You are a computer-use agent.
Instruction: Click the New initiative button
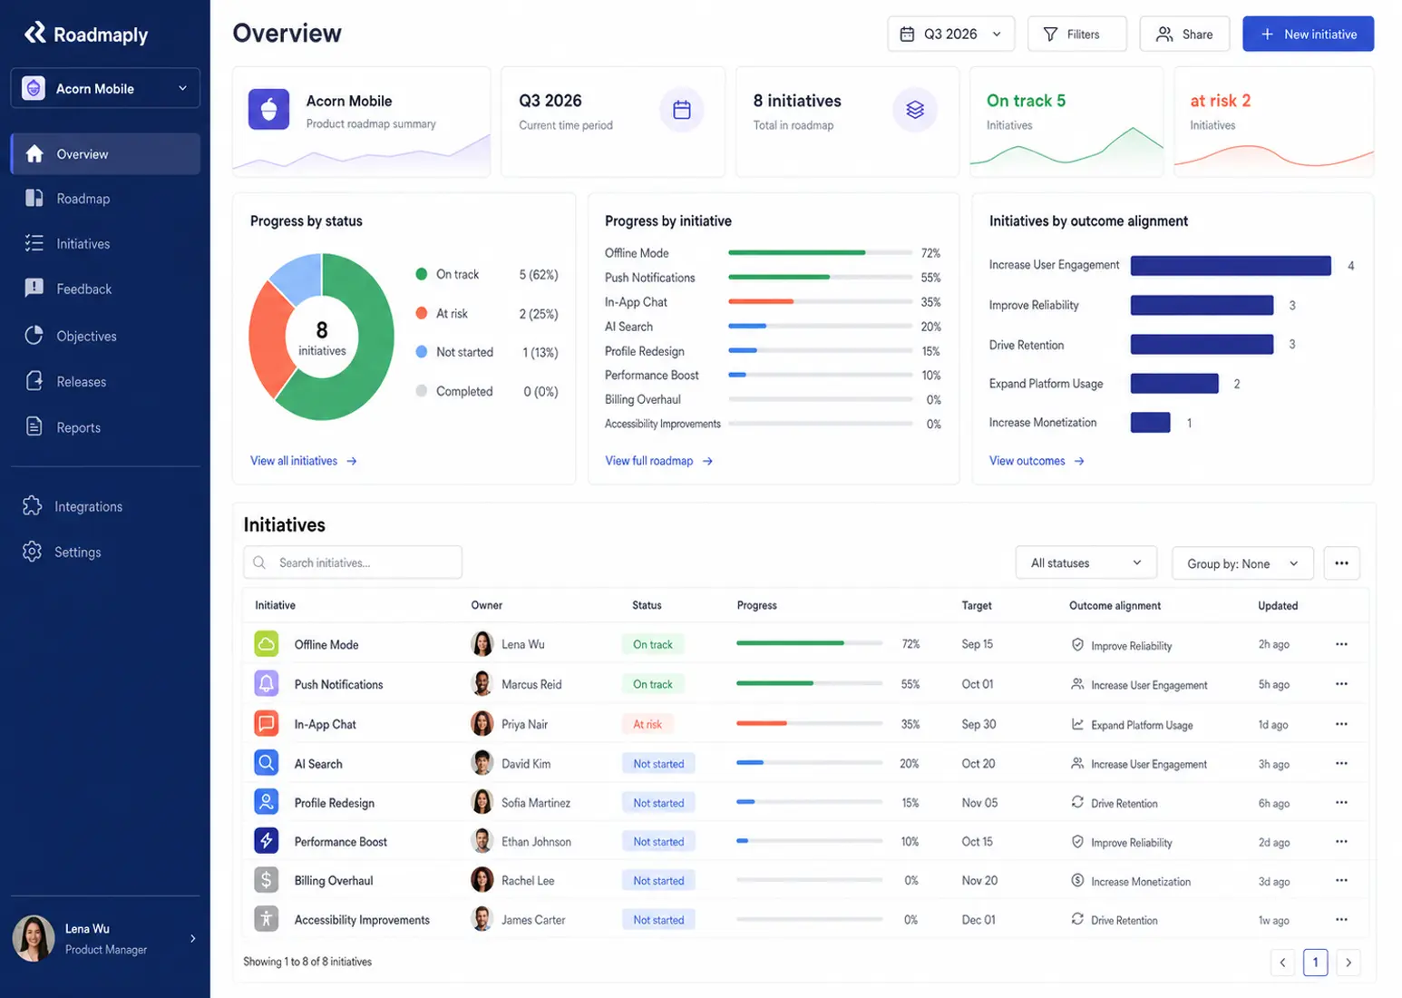pyautogui.click(x=1308, y=34)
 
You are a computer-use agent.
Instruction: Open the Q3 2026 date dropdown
pyautogui.click(x=950, y=34)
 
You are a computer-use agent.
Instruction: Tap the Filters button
pyautogui.click(x=1076, y=34)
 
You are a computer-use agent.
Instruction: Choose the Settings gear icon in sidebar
pyautogui.click(x=32, y=552)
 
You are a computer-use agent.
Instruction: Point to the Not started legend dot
pyautogui.click(x=422, y=352)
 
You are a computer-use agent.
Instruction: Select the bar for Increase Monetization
pyautogui.click(x=1150, y=423)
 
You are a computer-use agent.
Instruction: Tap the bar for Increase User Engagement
pyautogui.click(x=1231, y=266)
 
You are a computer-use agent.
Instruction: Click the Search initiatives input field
pyautogui.click(x=353, y=563)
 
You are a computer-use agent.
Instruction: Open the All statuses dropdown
pyautogui.click(x=1086, y=563)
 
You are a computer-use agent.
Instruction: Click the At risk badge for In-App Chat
pyautogui.click(x=647, y=724)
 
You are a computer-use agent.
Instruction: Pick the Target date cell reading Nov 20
pyautogui.click(x=979, y=880)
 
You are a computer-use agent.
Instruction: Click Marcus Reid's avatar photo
pyautogui.click(x=482, y=684)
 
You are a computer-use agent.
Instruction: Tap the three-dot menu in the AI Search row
pyautogui.click(x=1341, y=763)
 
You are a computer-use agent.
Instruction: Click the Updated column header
pyautogui.click(x=1278, y=605)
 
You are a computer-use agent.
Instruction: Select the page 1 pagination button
pyautogui.click(x=1315, y=962)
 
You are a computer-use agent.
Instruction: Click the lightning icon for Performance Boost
pyautogui.click(x=266, y=841)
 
